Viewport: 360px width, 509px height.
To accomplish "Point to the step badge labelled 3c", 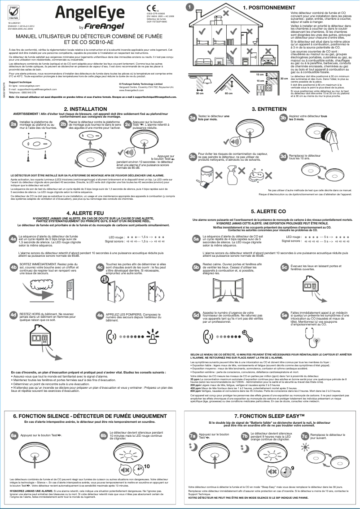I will (x=193, y=156).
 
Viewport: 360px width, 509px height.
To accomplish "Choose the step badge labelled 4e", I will (x=100, y=315).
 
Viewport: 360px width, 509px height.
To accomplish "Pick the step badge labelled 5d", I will (x=196, y=315).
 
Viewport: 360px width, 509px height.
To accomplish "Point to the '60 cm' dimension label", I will (x=228, y=93).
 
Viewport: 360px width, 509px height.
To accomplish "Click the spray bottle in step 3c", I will (x=233, y=172).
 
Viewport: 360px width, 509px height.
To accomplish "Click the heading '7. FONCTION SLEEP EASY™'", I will (x=270, y=417).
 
